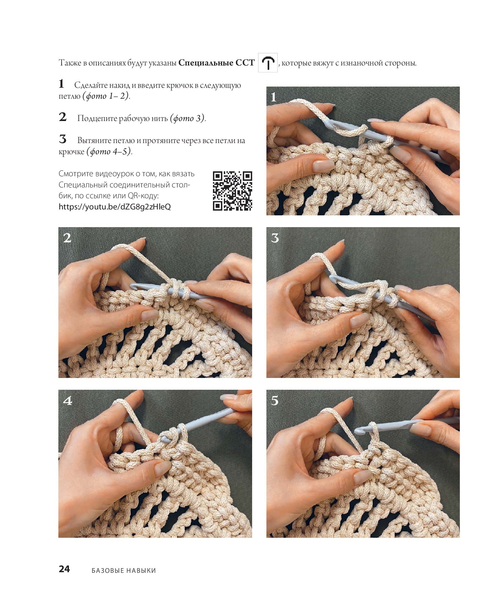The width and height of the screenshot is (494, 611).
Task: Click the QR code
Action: pos(232,191)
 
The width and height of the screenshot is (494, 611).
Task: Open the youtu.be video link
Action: pos(115,207)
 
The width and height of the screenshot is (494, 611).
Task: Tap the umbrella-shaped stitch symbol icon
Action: pos(268,63)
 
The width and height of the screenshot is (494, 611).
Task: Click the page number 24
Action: pos(64,569)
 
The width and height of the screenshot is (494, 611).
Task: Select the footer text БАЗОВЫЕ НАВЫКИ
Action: pos(124,570)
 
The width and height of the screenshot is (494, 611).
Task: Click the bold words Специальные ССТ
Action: pos(216,63)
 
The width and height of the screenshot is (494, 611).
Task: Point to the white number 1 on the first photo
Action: pos(274,97)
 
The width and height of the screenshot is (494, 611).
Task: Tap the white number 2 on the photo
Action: pos(67,238)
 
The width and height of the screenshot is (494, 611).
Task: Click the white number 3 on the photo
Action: pos(275,238)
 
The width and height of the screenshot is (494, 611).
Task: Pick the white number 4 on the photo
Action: pos(68,401)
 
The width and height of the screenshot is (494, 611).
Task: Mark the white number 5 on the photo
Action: pos(275,401)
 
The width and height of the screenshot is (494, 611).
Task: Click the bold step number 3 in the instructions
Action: pos(63,139)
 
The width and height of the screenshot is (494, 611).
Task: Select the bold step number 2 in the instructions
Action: pos(63,117)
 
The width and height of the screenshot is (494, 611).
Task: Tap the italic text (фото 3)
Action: pos(188,118)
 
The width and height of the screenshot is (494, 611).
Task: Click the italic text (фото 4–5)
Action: pos(109,151)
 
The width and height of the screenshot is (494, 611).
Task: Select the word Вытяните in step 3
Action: pos(94,141)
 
